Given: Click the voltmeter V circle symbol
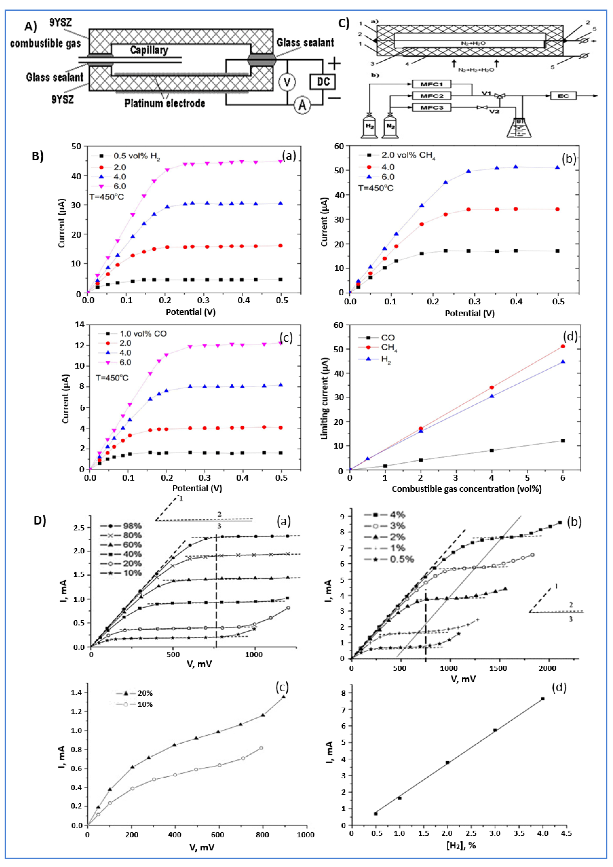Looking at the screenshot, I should point(287,82).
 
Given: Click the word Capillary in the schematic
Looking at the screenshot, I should point(149,50).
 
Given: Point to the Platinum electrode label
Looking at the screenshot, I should point(165,103).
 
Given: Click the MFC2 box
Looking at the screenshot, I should point(431,96).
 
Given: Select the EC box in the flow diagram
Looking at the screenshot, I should point(563,96).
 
